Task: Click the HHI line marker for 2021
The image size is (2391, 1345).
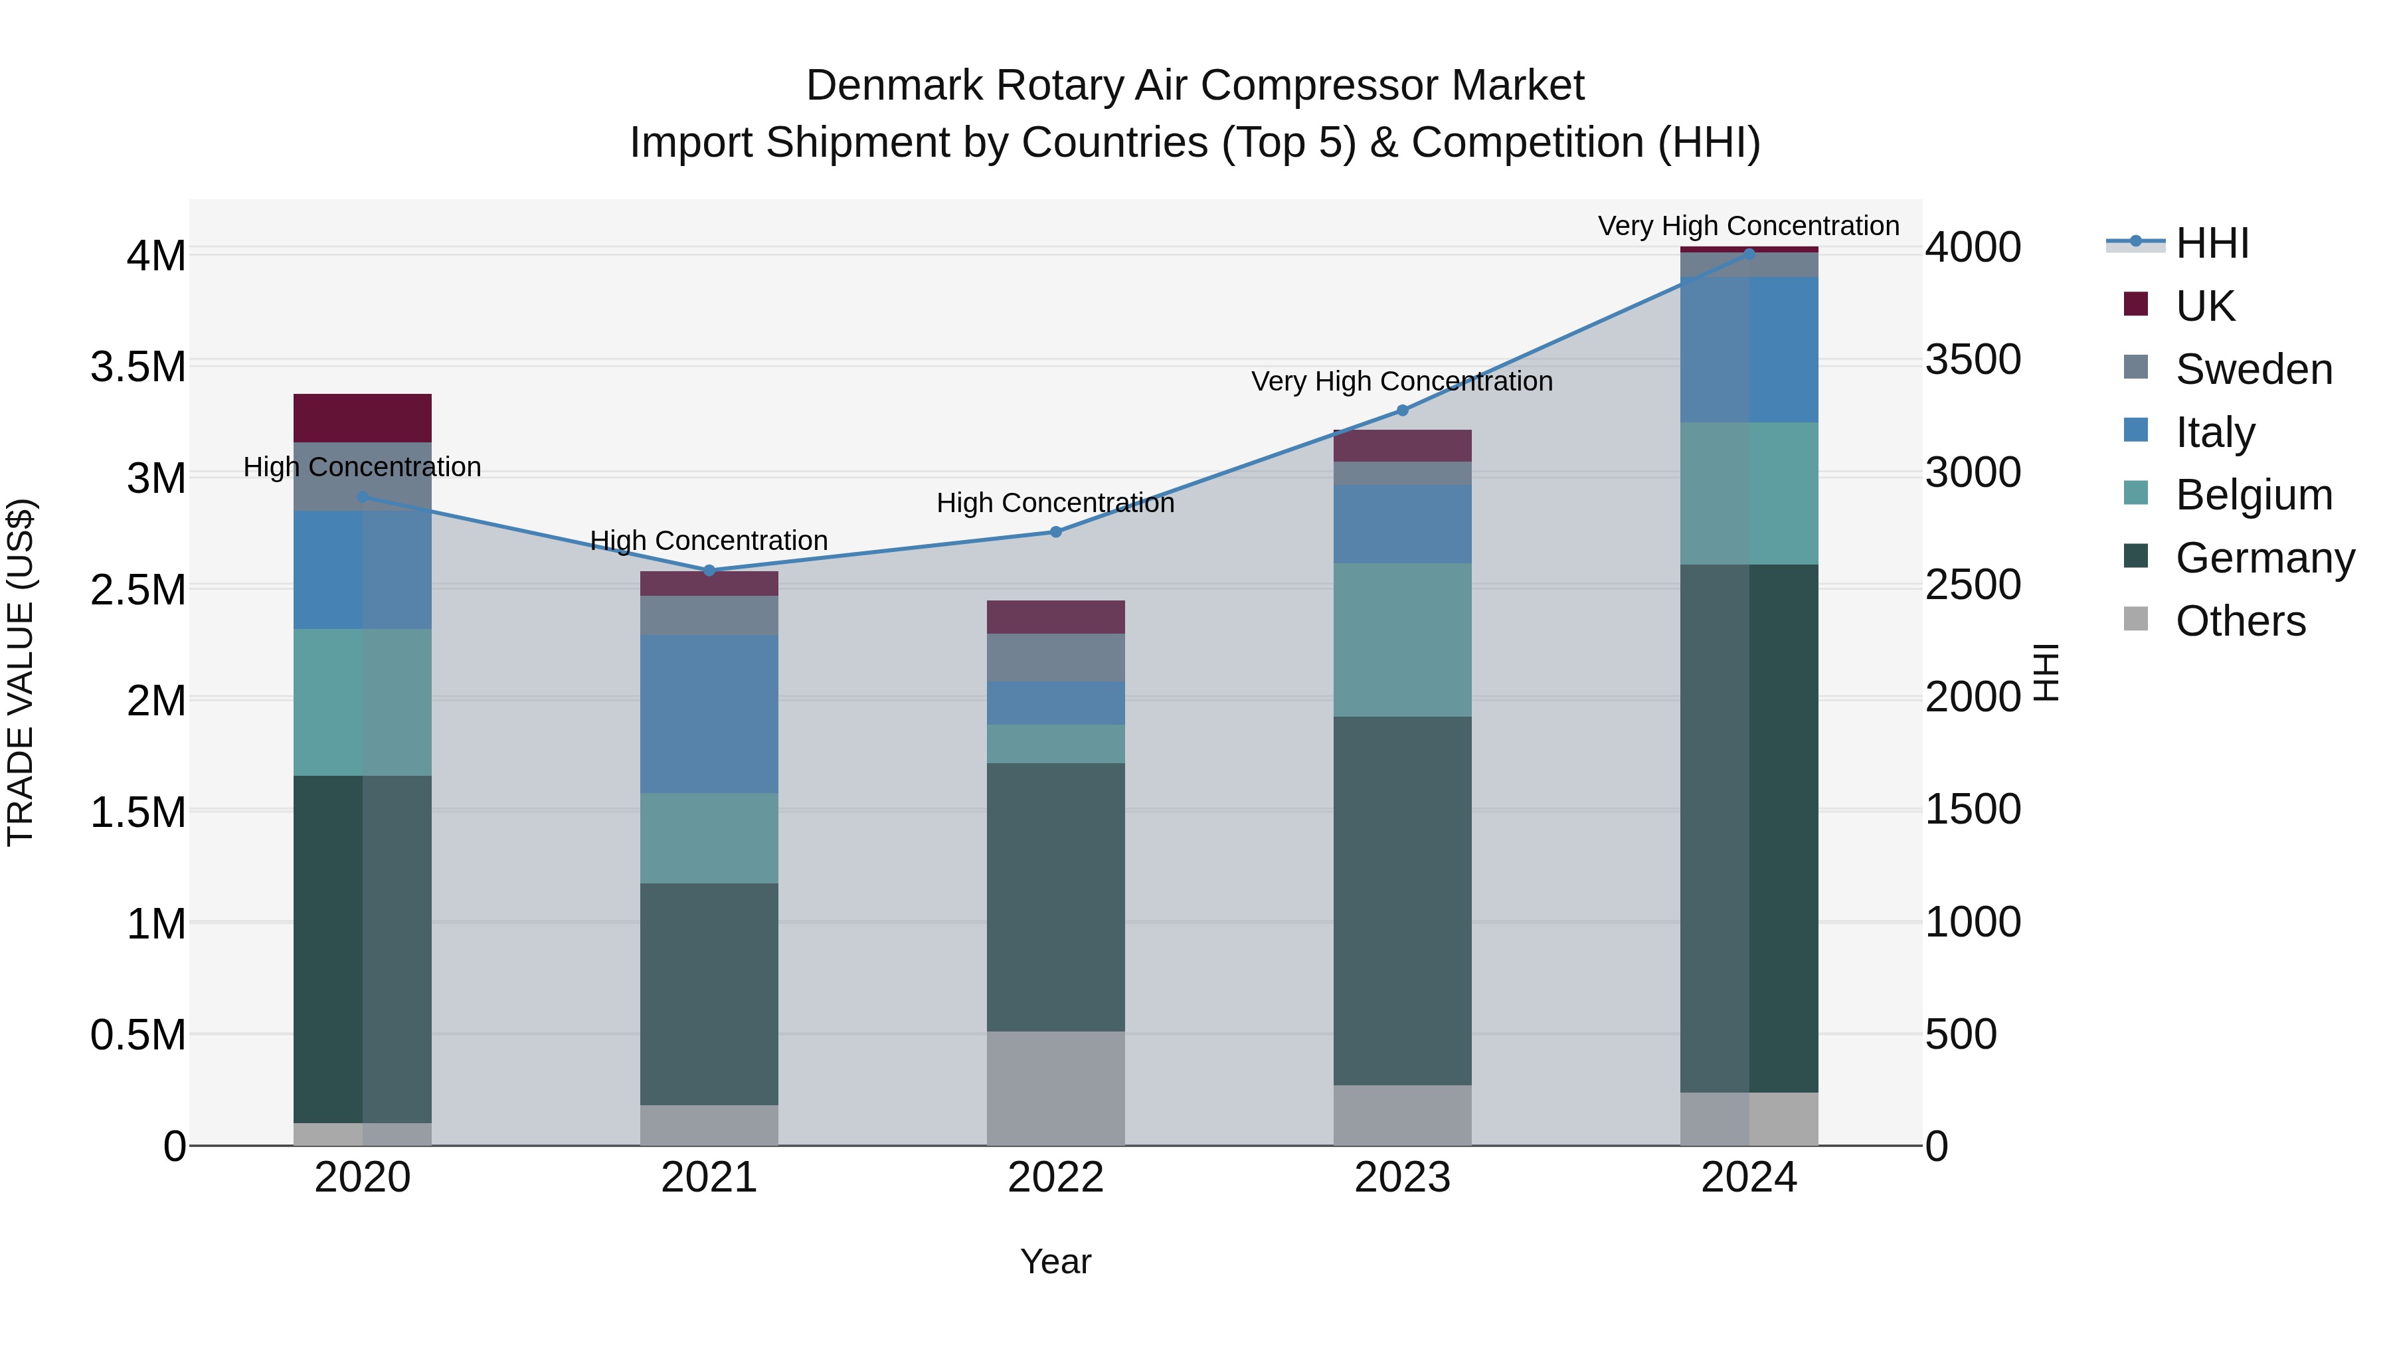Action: [709, 570]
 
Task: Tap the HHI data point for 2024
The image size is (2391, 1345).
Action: [1749, 254]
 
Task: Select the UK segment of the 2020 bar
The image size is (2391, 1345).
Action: [362, 418]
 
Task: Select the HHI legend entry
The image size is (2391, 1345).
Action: [2211, 243]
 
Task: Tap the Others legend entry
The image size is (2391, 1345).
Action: [2239, 621]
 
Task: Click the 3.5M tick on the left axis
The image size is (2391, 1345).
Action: [138, 367]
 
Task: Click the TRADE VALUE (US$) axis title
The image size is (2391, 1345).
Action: [21, 672]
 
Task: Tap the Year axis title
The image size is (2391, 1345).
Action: [1055, 1261]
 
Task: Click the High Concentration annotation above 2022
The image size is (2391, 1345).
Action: [1055, 503]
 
